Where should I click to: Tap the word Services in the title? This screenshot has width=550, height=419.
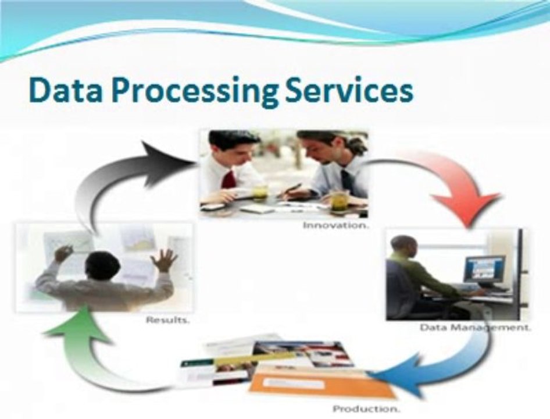click(349, 91)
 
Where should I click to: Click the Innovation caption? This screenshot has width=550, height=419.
click(336, 225)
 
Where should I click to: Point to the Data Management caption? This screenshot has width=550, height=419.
click(475, 328)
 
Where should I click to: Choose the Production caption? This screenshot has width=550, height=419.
click(366, 409)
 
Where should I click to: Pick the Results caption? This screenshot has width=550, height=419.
click(167, 320)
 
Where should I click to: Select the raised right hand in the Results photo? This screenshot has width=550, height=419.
click(163, 260)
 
